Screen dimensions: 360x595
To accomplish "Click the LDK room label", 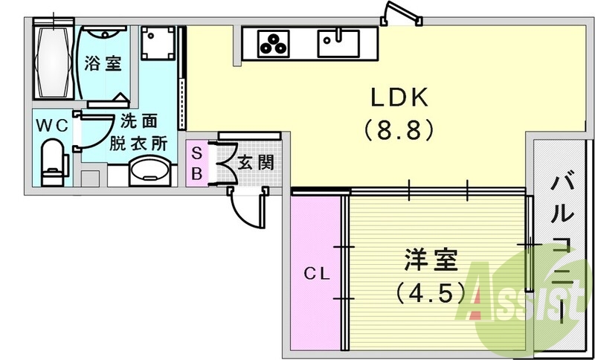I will click(398, 97).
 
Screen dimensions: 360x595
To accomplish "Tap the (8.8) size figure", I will click(398, 131).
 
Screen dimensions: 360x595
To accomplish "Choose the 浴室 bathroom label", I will click(103, 62).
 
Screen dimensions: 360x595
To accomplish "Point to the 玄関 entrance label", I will click(254, 162).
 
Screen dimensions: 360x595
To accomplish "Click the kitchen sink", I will click(338, 42).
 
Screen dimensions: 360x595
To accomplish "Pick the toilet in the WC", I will click(53, 162).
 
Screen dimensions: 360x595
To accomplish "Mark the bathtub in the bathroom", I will click(53, 62).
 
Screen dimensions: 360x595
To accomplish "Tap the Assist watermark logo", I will click(521, 298).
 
